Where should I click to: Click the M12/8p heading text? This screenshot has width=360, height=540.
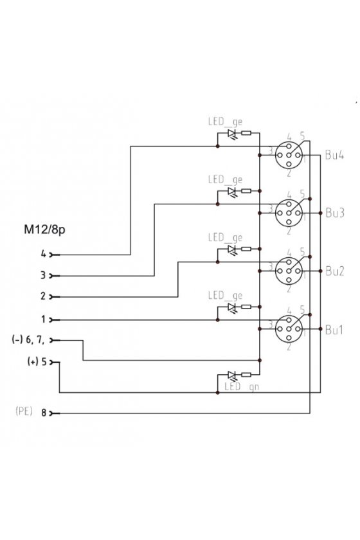(44, 230)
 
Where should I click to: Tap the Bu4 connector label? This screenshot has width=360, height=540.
(334, 155)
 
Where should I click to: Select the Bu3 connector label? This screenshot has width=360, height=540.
(334, 213)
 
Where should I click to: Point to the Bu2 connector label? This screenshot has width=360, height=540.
(334, 271)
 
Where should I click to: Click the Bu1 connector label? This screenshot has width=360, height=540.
(334, 330)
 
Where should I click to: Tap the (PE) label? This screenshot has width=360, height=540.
(24, 411)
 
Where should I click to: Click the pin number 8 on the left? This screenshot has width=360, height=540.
(44, 413)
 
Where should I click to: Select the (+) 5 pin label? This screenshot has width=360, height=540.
(37, 361)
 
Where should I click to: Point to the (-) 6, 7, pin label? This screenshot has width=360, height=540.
(28, 340)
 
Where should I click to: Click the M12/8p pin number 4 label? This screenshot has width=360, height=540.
(44, 254)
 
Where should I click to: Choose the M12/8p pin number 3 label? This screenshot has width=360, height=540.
(43, 276)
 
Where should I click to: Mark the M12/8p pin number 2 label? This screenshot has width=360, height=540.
(43, 296)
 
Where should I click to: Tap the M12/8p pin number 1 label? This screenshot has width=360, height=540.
(44, 319)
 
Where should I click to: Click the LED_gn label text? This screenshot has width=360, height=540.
(242, 387)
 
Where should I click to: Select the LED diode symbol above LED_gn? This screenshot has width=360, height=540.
(233, 375)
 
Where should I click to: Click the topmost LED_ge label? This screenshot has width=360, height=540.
(225, 122)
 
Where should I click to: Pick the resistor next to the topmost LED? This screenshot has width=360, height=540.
(246, 133)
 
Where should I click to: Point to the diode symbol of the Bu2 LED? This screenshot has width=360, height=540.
(233, 249)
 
